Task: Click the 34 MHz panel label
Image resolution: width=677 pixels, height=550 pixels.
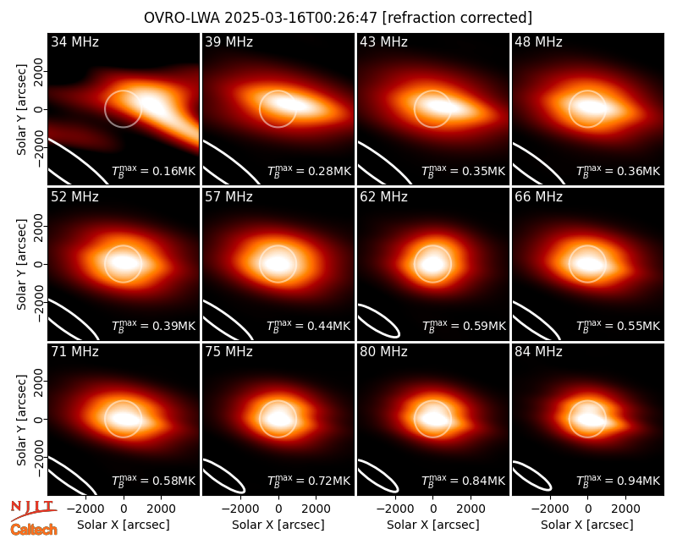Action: pos(74,41)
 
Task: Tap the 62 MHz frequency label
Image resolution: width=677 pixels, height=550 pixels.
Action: pos(383,197)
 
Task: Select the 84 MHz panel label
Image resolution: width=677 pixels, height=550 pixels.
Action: pos(538,352)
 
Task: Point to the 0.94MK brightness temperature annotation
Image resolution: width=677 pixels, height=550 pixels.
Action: pos(619,480)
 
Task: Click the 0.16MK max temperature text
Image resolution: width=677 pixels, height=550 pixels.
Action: pos(154,171)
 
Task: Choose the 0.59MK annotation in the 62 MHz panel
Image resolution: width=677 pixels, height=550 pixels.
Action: pos(464,326)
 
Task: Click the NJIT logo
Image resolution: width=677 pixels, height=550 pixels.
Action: pos(33,510)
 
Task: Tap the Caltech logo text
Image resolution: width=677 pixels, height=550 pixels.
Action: pos(34,530)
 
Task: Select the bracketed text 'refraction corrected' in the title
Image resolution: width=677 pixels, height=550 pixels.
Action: pos(457,18)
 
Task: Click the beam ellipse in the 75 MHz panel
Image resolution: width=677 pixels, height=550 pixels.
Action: pos(224,476)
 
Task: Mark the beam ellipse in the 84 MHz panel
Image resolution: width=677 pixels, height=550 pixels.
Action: pos(532,476)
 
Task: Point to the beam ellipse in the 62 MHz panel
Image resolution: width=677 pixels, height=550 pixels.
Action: pos(379,321)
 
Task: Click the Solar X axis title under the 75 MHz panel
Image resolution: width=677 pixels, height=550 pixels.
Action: pos(278,525)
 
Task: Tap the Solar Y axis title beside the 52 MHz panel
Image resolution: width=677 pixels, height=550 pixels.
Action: pos(21,264)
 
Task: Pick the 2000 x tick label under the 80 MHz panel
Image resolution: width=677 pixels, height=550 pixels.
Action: pos(471,509)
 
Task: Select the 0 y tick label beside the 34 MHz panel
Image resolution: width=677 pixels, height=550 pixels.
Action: pos(39,109)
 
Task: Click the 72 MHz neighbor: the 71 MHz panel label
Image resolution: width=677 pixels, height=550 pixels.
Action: pos(74,352)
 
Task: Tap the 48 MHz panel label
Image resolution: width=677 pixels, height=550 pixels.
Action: pos(538,41)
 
